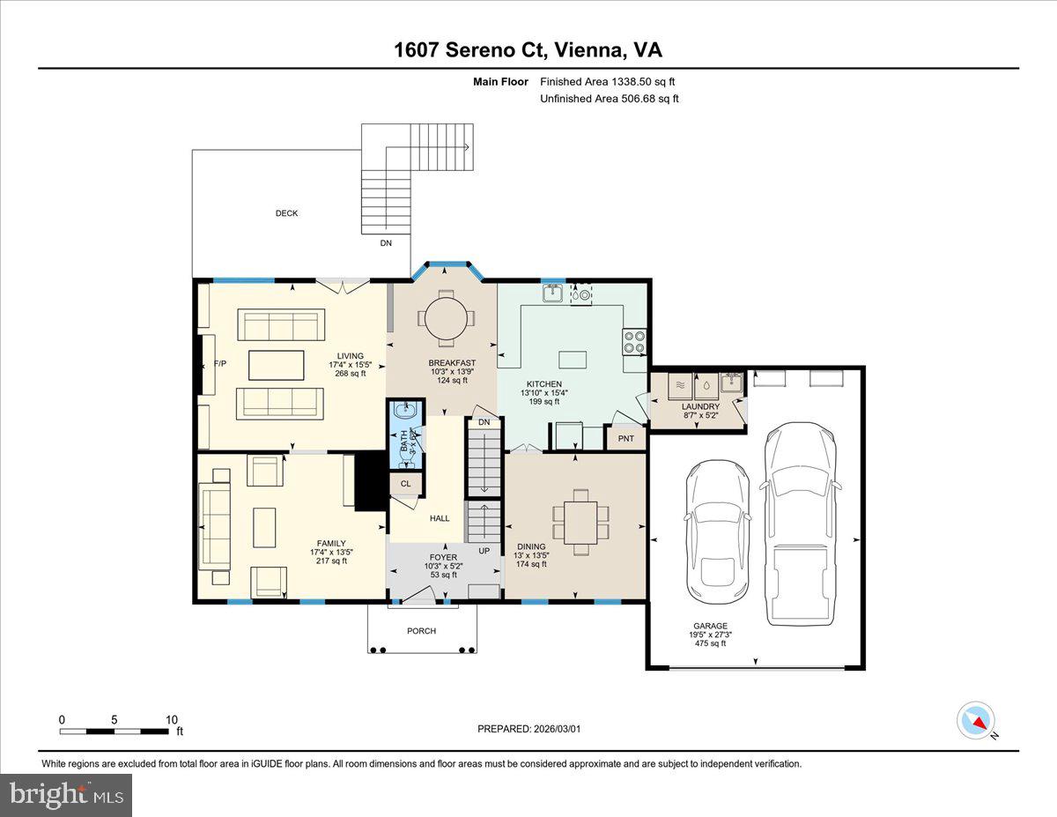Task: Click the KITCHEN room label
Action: pyautogui.click(x=543, y=384)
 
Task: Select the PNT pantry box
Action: pyautogui.click(x=625, y=438)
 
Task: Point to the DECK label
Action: pyautogui.click(x=286, y=213)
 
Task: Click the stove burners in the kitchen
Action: pyautogui.click(x=635, y=341)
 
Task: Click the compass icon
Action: pyautogui.click(x=975, y=720)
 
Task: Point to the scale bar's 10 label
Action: pyautogui.click(x=171, y=719)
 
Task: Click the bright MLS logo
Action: pyautogui.click(x=66, y=795)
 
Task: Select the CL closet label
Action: pyautogui.click(x=406, y=484)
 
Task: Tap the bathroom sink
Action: pyautogui.click(x=407, y=411)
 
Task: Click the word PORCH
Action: pyautogui.click(x=421, y=631)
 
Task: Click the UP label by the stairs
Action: pyautogui.click(x=484, y=551)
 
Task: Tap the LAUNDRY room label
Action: pyautogui.click(x=700, y=406)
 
